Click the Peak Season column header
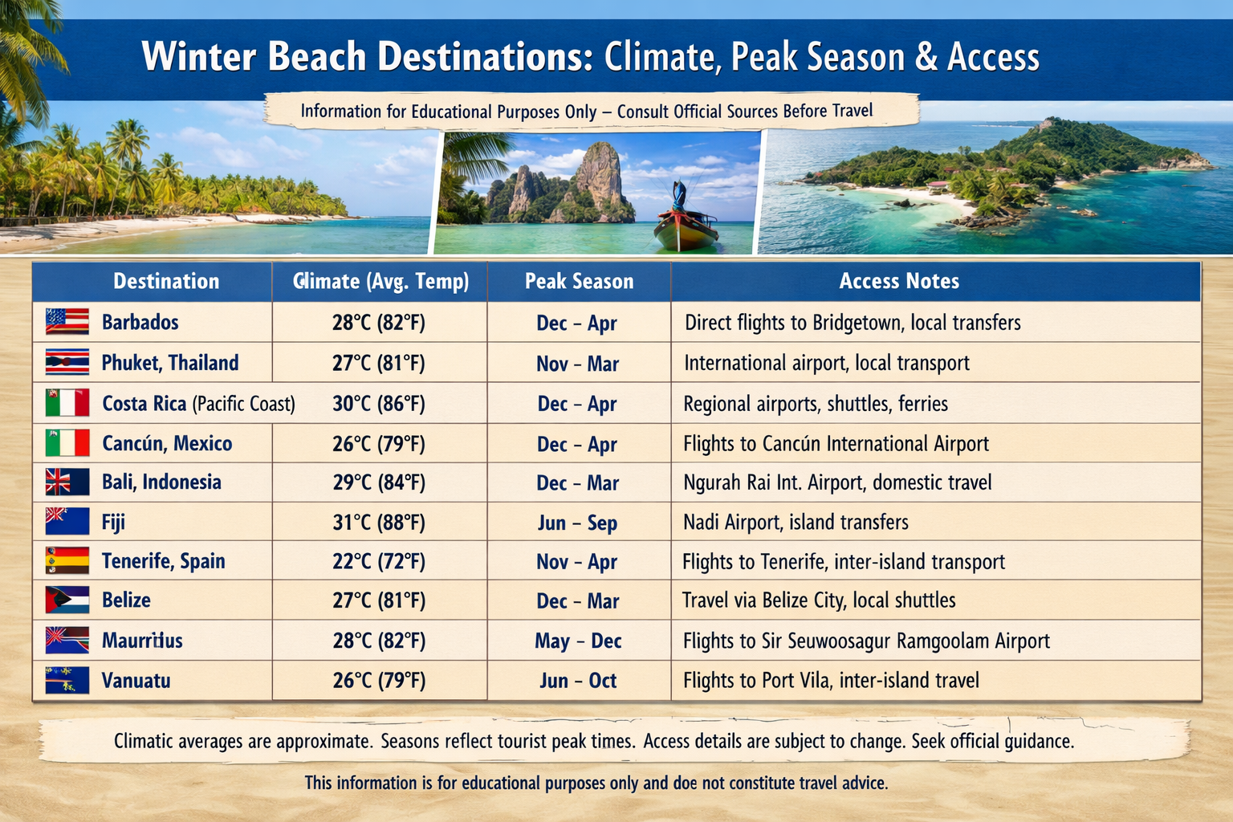click(x=579, y=281)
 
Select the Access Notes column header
click(x=899, y=281)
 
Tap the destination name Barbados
click(x=140, y=322)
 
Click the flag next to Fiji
click(x=67, y=522)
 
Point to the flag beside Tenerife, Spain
click(x=67, y=561)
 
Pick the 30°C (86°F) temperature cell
click(x=379, y=404)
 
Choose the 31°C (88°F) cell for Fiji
click(x=379, y=522)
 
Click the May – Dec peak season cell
click(x=578, y=641)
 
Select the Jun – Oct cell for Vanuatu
click(x=578, y=681)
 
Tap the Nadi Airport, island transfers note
click(x=796, y=522)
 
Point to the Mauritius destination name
click(x=142, y=641)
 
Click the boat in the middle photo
click(x=686, y=218)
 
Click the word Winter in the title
click(x=199, y=56)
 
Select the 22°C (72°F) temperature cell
click(x=379, y=562)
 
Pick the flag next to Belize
click(x=67, y=600)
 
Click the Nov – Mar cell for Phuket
click(x=578, y=364)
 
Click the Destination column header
click(x=166, y=281)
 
